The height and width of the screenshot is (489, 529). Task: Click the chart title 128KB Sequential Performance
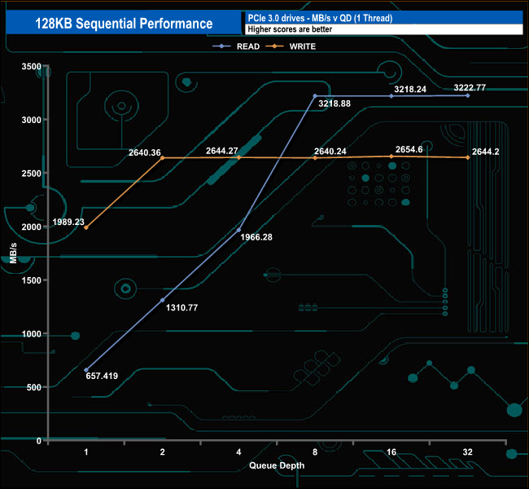point(124,24)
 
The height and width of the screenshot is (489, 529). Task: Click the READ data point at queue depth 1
point(86,369)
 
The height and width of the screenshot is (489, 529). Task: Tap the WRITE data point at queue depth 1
point(86,227)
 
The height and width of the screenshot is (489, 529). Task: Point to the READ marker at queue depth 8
point(315,96)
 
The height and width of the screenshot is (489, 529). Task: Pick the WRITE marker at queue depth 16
point(391,156)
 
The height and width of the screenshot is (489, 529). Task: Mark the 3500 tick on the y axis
point(31,66)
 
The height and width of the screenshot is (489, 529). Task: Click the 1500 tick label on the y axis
point(31,280)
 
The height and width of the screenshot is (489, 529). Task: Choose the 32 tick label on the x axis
point(468,451)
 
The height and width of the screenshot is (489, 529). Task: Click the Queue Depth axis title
point(277,465)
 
